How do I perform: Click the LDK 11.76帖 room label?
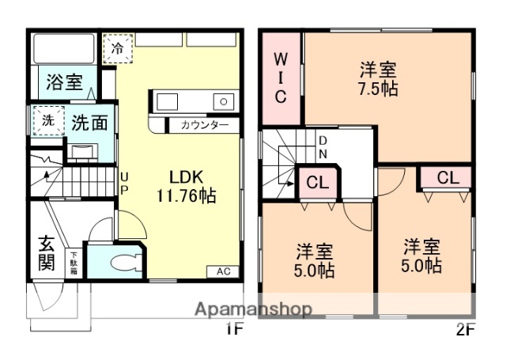pos(187,185)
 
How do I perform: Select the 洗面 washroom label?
pos(90,123)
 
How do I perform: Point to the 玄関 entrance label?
pos(47,253)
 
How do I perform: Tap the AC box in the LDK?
pos(224,271)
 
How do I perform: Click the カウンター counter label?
pos(204,126)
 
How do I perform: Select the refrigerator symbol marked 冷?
pos(117,47)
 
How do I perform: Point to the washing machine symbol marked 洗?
pos(48,121)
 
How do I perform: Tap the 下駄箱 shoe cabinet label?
pos(74,262)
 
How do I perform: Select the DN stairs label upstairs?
pos(323,148)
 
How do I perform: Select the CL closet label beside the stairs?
pos(317,183)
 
